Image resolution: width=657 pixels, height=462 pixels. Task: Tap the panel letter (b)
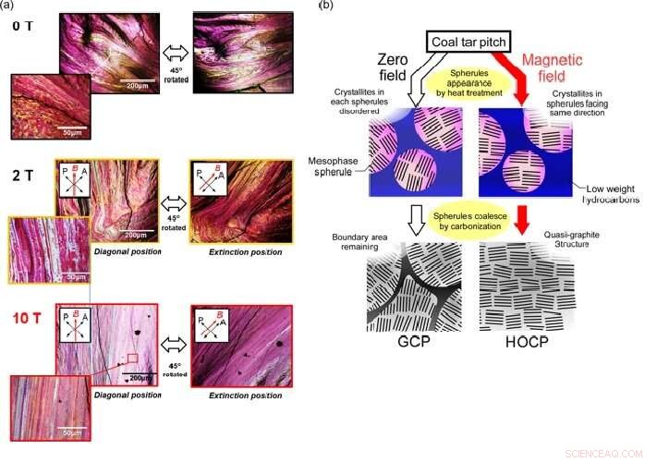[325, 6]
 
